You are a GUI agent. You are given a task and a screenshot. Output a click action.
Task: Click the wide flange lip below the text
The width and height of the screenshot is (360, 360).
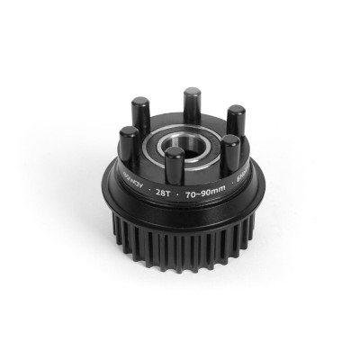180,209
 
